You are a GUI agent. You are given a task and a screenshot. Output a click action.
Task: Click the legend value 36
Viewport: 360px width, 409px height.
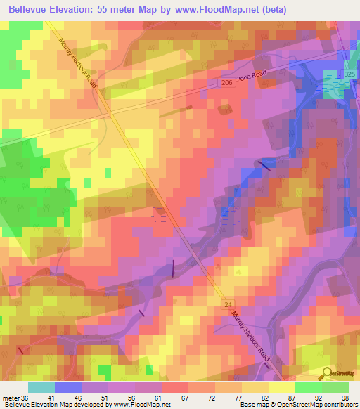[x=26, y=398]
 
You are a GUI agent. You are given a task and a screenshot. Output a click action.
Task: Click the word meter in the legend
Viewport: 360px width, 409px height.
[x=11, y=398]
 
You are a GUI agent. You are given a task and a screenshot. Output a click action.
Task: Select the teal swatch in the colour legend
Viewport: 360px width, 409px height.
[x=41, y=387]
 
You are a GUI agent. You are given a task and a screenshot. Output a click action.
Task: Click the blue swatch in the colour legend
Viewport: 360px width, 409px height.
[x=67, y=387]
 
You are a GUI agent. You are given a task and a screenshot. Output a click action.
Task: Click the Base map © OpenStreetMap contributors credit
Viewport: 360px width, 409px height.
[x=298, y=405]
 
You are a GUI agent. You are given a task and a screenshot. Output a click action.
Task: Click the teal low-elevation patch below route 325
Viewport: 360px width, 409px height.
[x=335, y=84]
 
